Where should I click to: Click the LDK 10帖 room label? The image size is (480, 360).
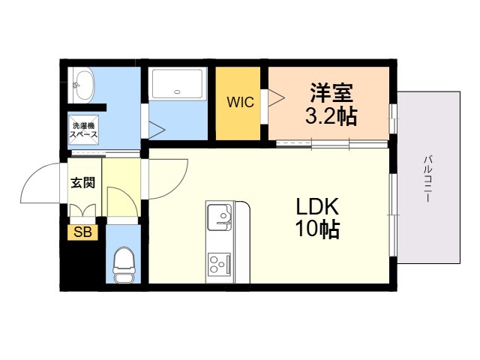(x=317, y=217)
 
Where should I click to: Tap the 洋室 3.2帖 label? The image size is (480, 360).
(x=331, y=104)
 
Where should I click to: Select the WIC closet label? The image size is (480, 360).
(x=240, y=102)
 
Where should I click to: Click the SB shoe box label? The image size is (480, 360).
(x=82, y=232)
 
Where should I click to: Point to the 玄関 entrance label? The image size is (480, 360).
(x=83, y=183)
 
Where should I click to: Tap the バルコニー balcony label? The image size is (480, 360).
(x=427, y=179)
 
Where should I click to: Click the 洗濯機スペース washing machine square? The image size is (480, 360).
(x=83, y=130)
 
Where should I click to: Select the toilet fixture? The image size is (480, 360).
(x=124, y=265)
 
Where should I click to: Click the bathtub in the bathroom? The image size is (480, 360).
(x=177, y=83)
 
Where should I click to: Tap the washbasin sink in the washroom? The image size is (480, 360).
(x=81, y=85)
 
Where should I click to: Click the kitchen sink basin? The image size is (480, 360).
(x=220, y=217)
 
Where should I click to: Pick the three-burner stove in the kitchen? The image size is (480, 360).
(x=219, y=264)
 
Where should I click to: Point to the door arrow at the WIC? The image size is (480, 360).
(x=277, y=98)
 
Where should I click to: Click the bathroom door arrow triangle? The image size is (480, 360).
(x=157, y=130)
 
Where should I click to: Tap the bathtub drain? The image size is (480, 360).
(x=177, y=91)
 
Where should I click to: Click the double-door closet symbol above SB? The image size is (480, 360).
(x=83, y=211)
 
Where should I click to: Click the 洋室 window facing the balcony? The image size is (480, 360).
(x=393, y=118)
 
